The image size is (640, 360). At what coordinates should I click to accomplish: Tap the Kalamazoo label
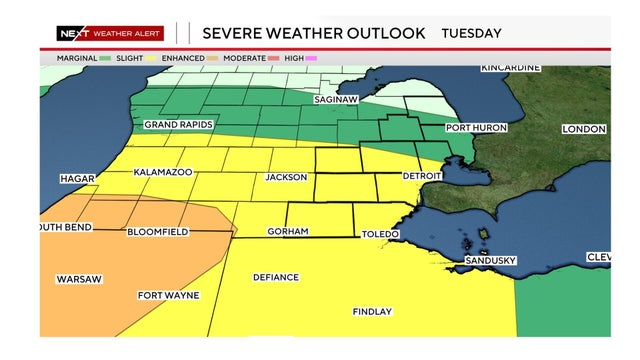(x=163, y=172)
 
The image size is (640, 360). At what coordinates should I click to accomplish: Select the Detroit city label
(x=421, y=175)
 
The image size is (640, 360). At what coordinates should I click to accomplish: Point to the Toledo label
(x=380, y=234)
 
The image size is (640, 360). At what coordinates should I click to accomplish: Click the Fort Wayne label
(x=168, y=295)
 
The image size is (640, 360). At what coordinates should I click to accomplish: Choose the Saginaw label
(x=337, y=100)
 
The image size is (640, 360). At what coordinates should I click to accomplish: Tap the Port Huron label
(x=476, y=128)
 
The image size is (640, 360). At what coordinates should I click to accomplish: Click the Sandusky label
(x=490, y=261)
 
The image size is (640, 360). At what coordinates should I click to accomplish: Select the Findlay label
(x=372, y=312)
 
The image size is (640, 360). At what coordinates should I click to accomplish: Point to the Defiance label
(x=276, y=277)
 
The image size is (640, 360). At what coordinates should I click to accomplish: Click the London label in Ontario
(x=584, y=129)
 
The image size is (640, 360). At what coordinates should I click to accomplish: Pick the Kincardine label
(x=511, y=67)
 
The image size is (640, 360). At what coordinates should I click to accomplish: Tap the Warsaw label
(x=79, y=278)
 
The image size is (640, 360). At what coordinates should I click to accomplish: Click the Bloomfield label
(x=158, y=232)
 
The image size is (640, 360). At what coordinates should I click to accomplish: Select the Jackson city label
(x=286, y=177)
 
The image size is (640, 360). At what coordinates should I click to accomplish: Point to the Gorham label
(x=287, y=232)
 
